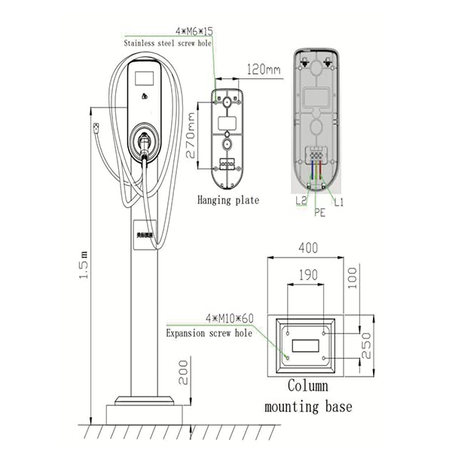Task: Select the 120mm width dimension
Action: pos(264,70)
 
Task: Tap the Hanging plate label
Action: pos(228,200)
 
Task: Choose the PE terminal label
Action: pos(319,213)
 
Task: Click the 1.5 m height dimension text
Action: pos(84,264)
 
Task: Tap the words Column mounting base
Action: pos(308,396)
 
